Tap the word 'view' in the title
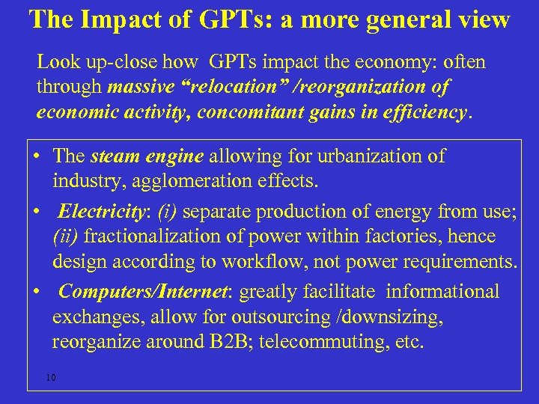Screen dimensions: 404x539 click(x=484, y=19)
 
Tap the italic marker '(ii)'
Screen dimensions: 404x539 click(x=66, y=237)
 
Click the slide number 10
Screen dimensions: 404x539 click(x=50, y=377)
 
